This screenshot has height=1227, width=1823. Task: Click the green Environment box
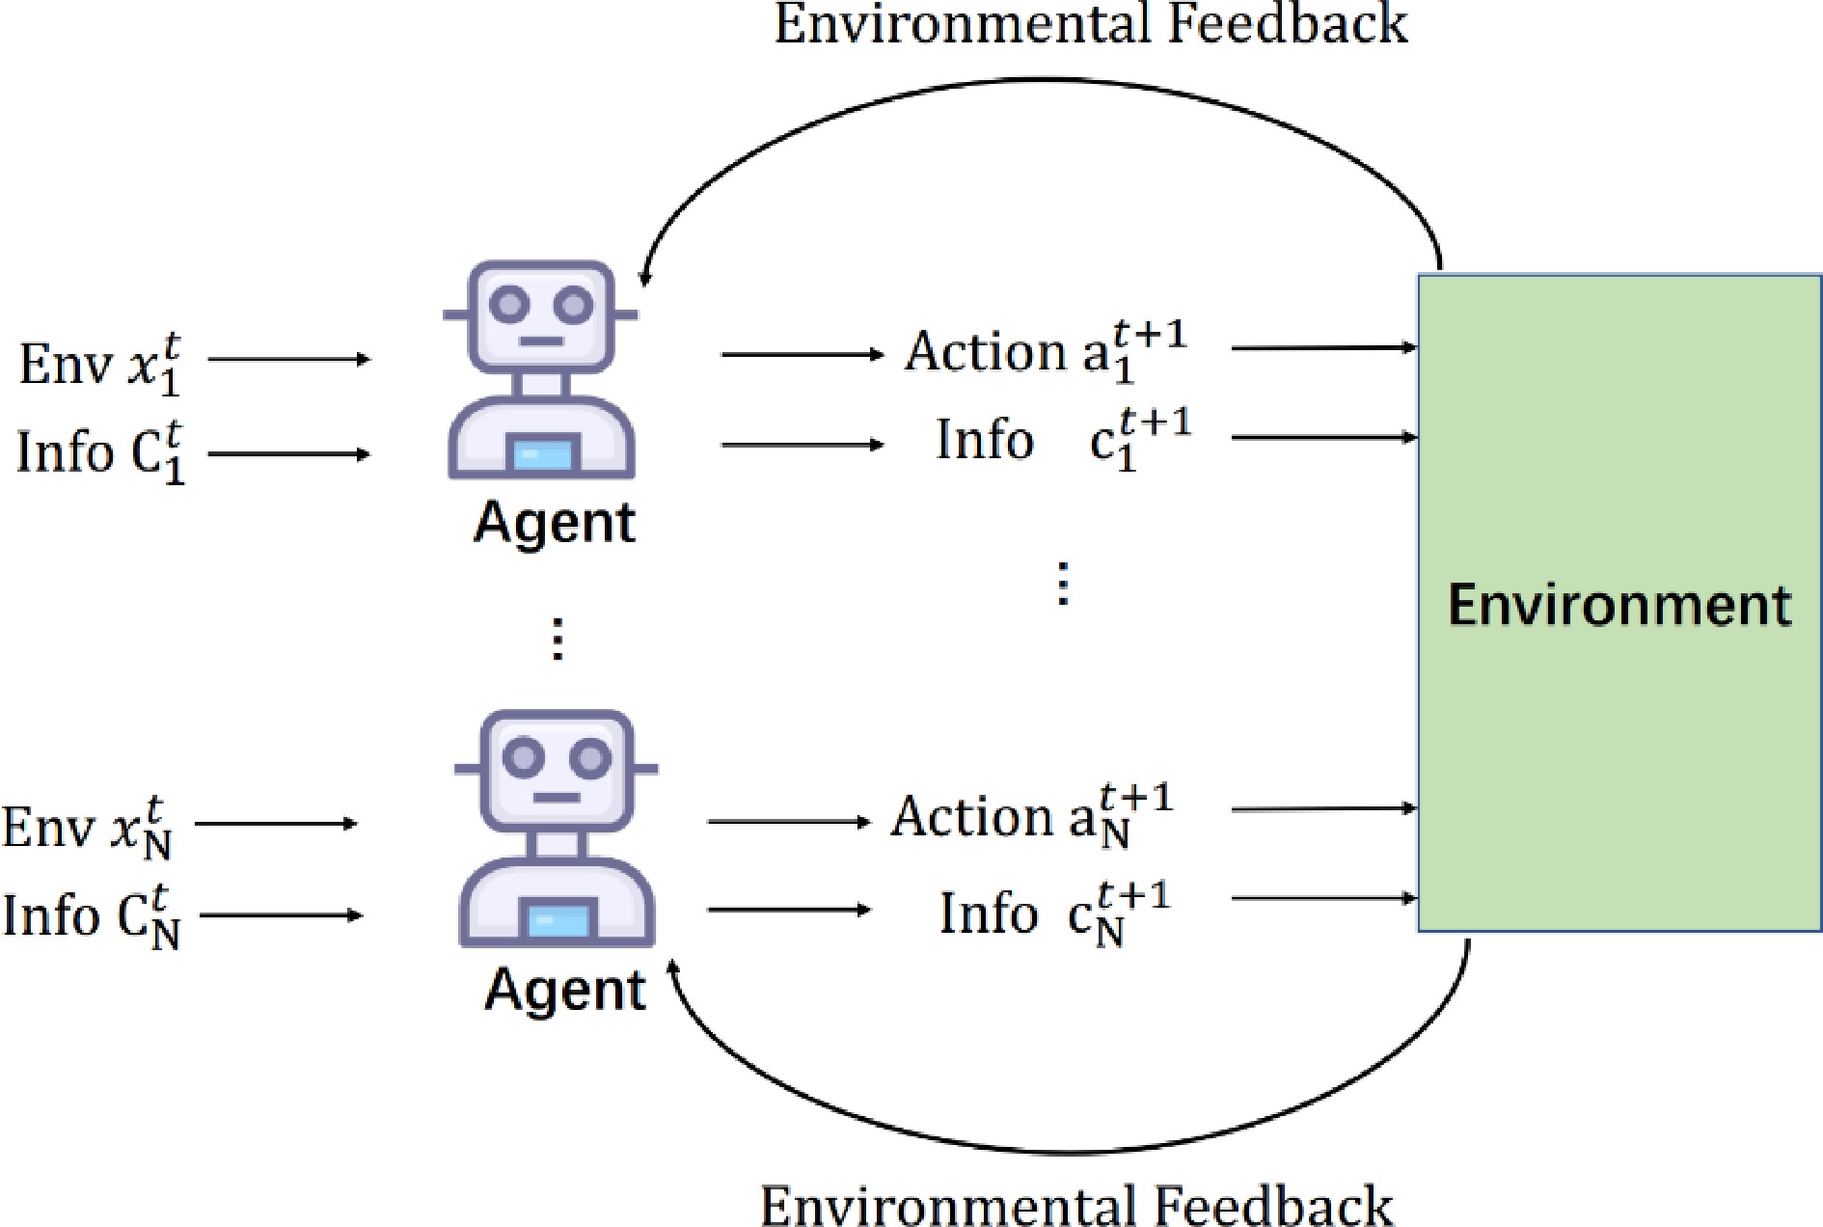pos(1619,603)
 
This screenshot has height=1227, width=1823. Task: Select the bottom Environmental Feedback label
pos(1076,1205)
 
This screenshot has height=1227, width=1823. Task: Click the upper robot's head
pos(541,316)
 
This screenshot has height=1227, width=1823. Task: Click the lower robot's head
pos(557,771)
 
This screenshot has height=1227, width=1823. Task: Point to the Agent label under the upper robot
pos(555,523)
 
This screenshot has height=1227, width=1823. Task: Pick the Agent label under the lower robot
pos(565,990)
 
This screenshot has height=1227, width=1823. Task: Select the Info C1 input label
pos(100,451)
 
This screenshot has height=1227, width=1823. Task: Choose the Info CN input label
pos(91,915)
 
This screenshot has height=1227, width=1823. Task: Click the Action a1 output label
pos(1046,351)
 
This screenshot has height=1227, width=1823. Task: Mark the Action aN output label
pos(1031,816)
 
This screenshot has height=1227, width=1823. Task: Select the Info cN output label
pos(1054,913)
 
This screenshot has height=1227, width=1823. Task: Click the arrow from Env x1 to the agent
pos(288,360)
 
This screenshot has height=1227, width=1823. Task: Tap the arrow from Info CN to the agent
pos(280,915)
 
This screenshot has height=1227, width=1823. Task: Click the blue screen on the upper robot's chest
pos(542,453)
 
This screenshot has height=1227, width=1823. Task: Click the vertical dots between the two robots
pos(557,639)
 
